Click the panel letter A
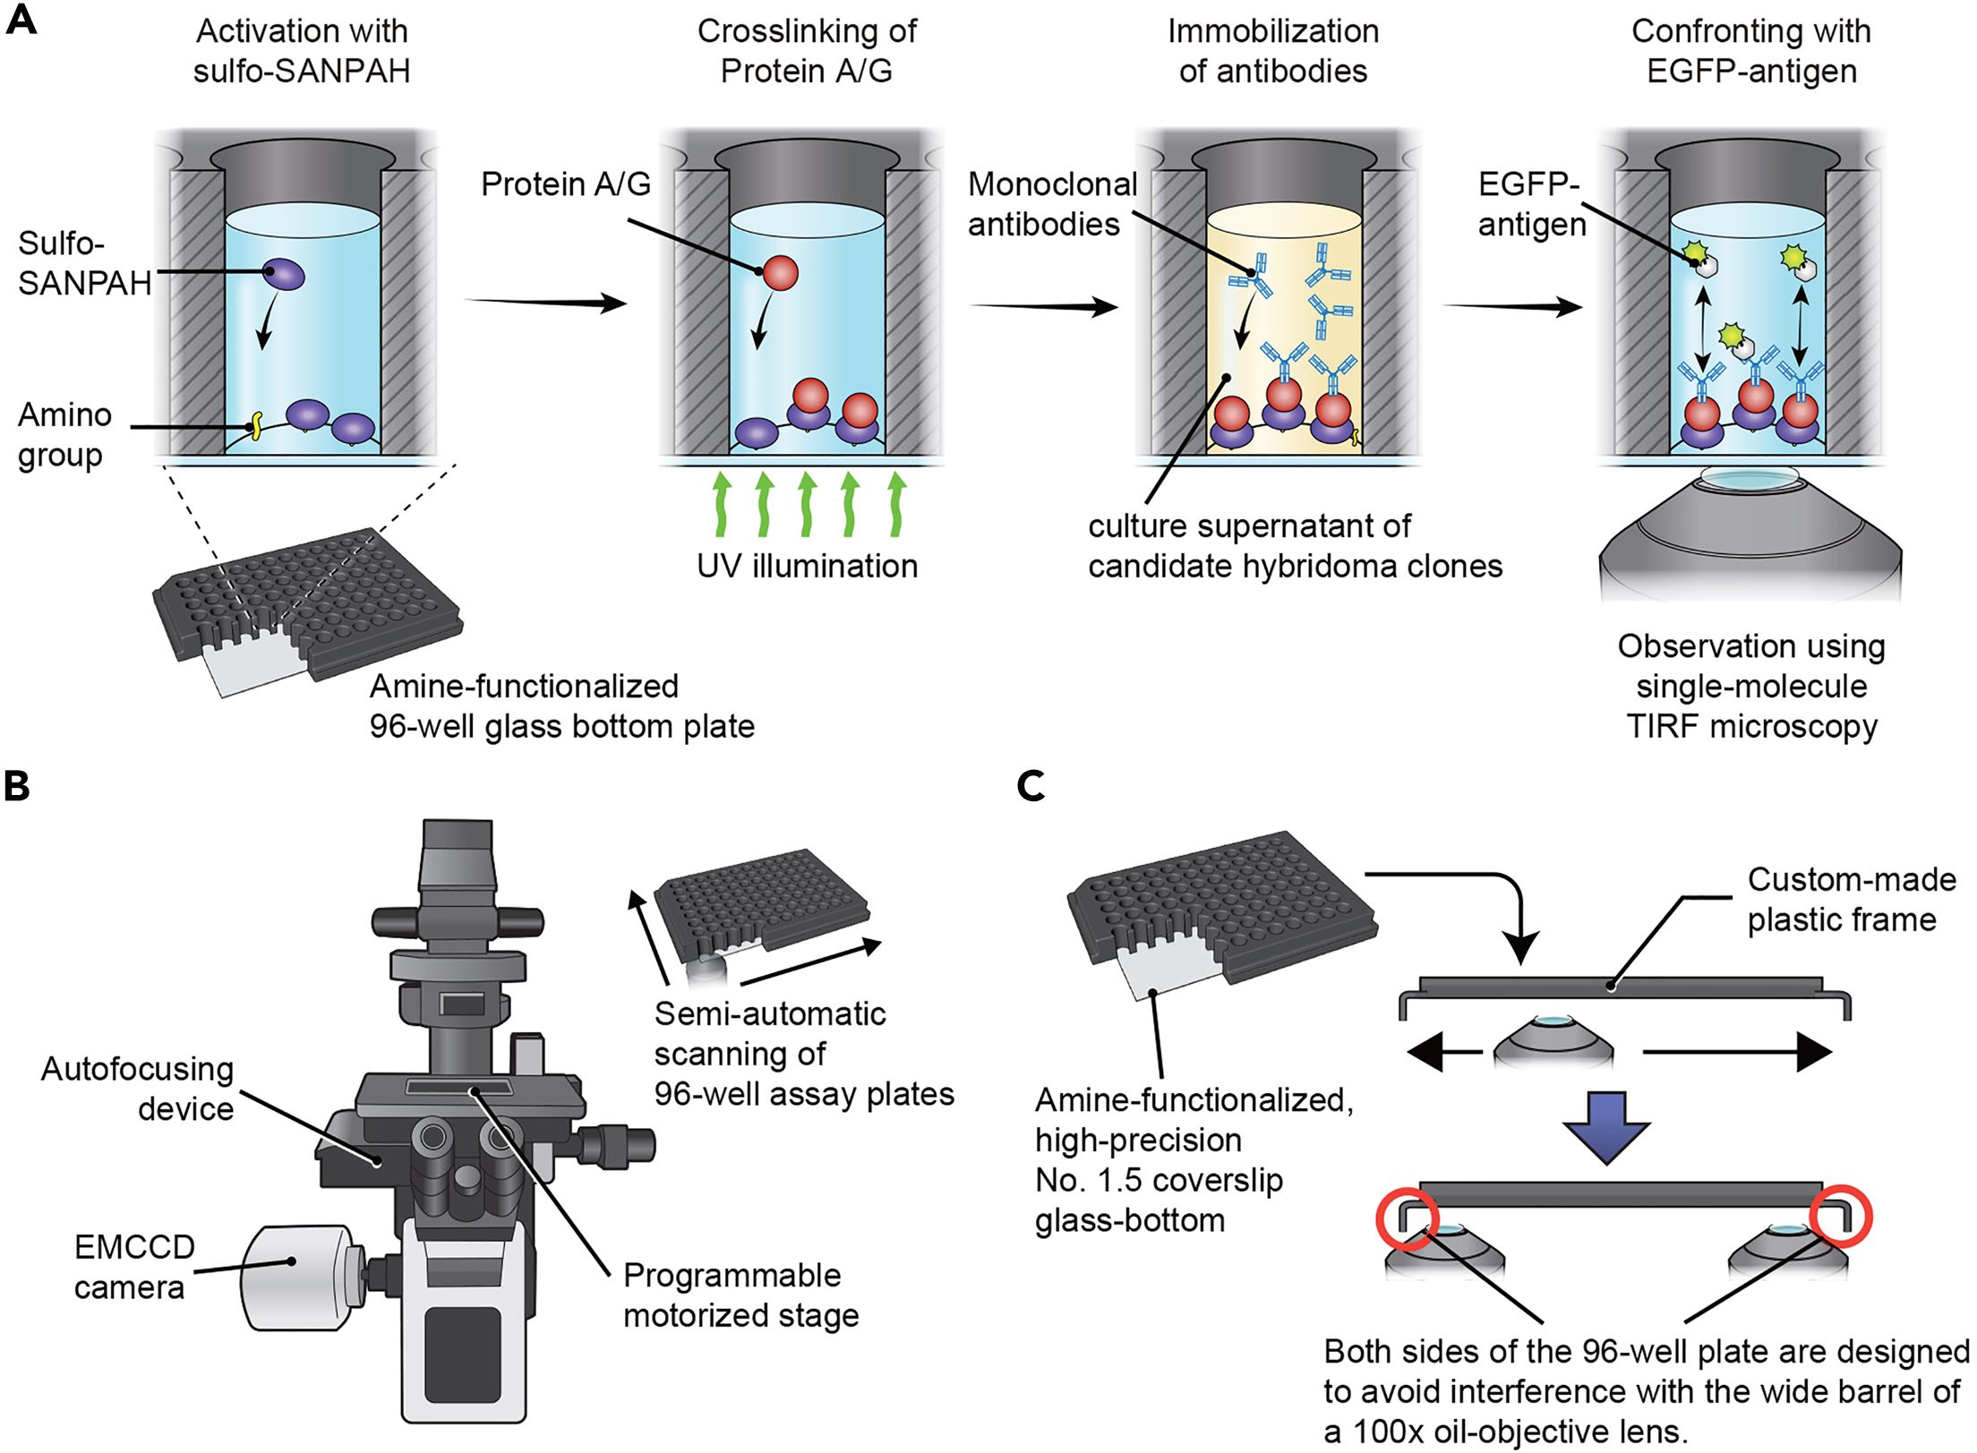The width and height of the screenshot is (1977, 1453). pyautogui.click(x=21, y=19)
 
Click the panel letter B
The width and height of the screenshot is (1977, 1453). pyautogui.click(x=17, y=786)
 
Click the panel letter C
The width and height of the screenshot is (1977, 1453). pyautogui.click(x=1031, y=786)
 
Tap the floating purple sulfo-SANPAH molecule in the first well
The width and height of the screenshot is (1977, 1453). pyautogui.click(x=284, y=274)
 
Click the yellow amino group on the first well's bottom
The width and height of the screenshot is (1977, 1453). pyautogui.click(x=256, y=425)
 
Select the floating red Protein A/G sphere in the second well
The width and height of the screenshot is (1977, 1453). pyautogui.click(x=780, y=273)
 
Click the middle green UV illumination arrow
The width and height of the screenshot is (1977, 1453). pyautogui.click(x=807, y=505)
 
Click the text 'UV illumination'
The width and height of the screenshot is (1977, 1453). pyautogui.click(x=807, y=566)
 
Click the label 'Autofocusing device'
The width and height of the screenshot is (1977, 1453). pyautogui.click(x=139, y=1089)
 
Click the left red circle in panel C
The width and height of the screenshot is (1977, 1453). pyautogui.click(x=1408, y=1218)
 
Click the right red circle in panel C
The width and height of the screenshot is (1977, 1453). pyautogui.click(x=1840, y=1216)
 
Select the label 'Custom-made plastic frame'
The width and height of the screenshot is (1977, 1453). pyautogui.click(x=1850, y=900)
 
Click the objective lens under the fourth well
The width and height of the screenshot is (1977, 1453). pyautogui.click(x=1750, y=537)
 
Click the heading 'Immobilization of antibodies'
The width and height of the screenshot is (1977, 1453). pyautogui.click(x=1272, y=51)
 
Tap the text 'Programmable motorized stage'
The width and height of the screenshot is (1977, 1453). pyautogui.click(x=740, y=1295)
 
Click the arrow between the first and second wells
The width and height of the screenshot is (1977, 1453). pyautogui.click(x=546, y=303)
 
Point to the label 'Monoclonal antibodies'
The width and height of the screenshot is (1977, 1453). pyautogui.click(x=1051, y=204)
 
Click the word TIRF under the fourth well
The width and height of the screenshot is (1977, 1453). pyautogui.click(x=1662, y=726)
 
